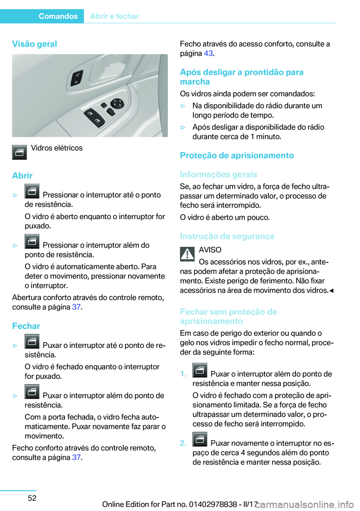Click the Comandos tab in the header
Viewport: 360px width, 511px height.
58,16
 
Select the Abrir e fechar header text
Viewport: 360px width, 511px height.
114,16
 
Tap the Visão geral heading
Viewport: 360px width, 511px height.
34,44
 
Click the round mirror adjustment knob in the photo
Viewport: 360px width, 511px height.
117,103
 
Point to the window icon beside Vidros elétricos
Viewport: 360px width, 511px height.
19,152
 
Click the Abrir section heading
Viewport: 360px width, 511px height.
22,176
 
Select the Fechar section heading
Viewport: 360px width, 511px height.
26,326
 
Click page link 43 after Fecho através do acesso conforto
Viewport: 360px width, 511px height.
208,53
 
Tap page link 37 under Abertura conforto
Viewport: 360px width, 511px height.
76,307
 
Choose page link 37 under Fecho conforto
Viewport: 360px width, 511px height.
76,457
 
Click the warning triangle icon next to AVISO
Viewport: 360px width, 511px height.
187,254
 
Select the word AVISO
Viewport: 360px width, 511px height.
210,250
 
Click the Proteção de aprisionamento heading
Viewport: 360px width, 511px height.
237,155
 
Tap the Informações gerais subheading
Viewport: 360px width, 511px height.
218,174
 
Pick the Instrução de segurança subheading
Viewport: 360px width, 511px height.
227,236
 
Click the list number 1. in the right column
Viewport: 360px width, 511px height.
183,374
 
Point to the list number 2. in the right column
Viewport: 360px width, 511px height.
183,443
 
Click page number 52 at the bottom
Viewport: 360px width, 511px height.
32,498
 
